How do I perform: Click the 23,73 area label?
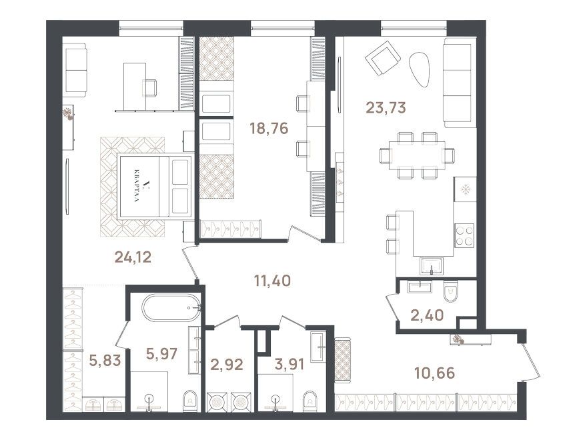[x=386, y=108]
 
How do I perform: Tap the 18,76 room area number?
[x=269, y=128]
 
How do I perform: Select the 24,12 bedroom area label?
[x=133, y=257]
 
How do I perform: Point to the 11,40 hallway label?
[x=272, y=281]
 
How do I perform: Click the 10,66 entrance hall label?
[x=435, y=373]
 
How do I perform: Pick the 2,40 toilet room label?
[x=427, y=315]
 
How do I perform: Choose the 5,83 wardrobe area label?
[x=105, y=360]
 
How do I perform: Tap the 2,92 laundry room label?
[x=227, y=364]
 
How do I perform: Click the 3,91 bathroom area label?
[x=289, y=364]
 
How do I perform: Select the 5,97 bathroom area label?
[x=161, y=353]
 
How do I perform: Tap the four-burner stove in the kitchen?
[x=464, y=235]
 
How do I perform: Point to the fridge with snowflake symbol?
[x=466, y=190]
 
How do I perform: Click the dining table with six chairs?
[x=417, y=155]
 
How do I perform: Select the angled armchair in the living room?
[x=383, y=59]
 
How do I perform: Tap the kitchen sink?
[x=432, y=266]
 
